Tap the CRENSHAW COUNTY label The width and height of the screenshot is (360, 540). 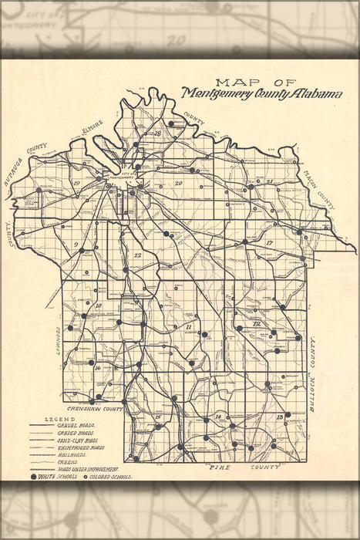coord(95,409)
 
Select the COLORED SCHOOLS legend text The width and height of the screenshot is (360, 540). coord(113,477)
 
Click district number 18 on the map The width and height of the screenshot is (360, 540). coord(157,133)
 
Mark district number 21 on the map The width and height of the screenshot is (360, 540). coord(270,181)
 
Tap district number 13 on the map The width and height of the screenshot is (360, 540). coord(279,417)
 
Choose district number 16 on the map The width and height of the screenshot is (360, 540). coord(98,368)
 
